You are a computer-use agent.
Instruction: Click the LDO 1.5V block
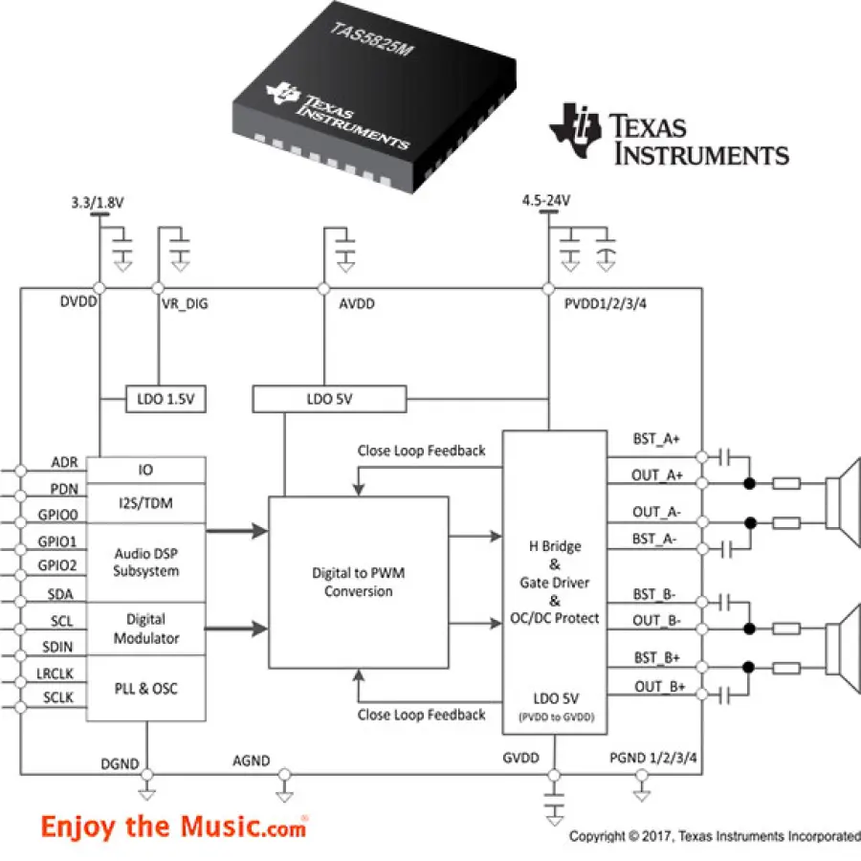(166, 398)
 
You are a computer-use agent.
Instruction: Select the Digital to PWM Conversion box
(358, 583)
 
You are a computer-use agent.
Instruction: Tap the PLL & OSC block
(146, 688)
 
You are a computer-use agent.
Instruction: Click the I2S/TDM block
(146, 502)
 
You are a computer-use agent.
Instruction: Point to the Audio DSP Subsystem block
(146, 563)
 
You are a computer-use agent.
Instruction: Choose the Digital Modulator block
(146, 629)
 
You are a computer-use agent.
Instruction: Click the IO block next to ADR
(146, 470)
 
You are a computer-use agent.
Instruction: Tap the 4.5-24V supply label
(546, 201)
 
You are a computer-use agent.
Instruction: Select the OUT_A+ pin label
(658, 475)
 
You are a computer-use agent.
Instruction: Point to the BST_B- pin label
(658, 594)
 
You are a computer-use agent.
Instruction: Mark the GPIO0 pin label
(56, 514)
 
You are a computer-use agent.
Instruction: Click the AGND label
(252, 762)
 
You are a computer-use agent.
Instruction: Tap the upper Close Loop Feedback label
(421, 451)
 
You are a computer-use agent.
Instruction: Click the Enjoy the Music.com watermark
(173, 827)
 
